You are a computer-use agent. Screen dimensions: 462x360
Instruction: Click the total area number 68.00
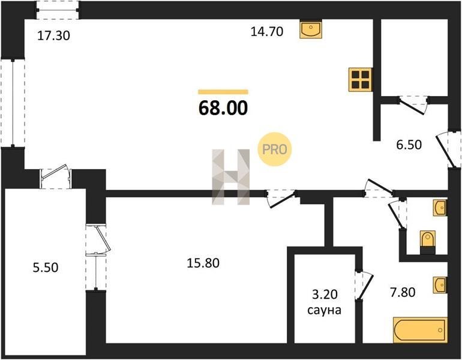[223, 108]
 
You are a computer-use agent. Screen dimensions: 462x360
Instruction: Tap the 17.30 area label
[54, 35]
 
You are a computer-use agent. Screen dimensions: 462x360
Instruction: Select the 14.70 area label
[267, 31]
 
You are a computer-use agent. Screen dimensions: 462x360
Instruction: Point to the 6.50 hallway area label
[409, 145]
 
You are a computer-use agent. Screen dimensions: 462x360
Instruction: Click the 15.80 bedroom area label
[203, 263]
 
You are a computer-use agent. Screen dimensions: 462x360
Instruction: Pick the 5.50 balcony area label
[46, 268]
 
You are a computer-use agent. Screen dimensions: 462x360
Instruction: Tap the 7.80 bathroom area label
[403, 292]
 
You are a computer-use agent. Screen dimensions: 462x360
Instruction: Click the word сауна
[324, 310]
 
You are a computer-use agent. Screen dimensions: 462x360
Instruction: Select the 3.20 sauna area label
[325, 294]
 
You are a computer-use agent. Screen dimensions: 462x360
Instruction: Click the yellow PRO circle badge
[275, 149]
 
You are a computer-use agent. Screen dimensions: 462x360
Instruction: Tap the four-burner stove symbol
[360, 80]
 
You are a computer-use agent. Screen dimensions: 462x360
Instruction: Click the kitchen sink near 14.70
[311, 29]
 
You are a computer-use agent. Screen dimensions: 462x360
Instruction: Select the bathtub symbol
[421, 330]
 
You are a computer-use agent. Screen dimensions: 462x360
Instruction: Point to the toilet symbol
[428, 242]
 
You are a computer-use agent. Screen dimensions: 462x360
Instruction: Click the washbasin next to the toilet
[440, 208]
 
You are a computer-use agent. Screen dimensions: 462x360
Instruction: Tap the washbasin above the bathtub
[440, 285]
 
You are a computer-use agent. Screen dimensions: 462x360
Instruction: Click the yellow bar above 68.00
[223, 92]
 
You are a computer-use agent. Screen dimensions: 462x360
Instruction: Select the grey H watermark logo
[231, 177]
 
